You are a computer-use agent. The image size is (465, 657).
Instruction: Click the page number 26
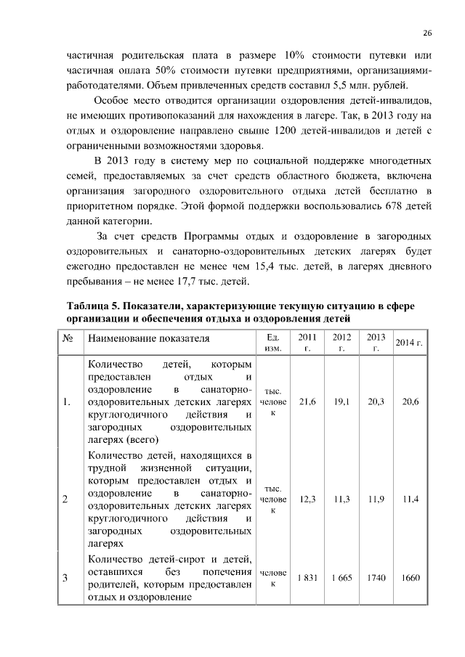click(427, 33)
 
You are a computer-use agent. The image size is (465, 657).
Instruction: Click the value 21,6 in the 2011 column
click(307, 401)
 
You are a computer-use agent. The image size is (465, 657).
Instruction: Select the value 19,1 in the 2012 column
click(341, 401)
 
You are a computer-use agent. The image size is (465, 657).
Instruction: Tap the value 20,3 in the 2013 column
click(376, 401)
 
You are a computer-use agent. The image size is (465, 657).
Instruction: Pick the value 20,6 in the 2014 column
click(411, 401)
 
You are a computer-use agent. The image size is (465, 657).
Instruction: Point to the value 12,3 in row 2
click(307, 499)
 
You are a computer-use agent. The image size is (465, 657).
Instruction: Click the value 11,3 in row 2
click(341, 499)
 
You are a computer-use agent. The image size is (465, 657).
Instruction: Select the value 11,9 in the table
click(376, 499)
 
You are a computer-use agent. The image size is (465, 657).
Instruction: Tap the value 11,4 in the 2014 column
click(411, 499)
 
